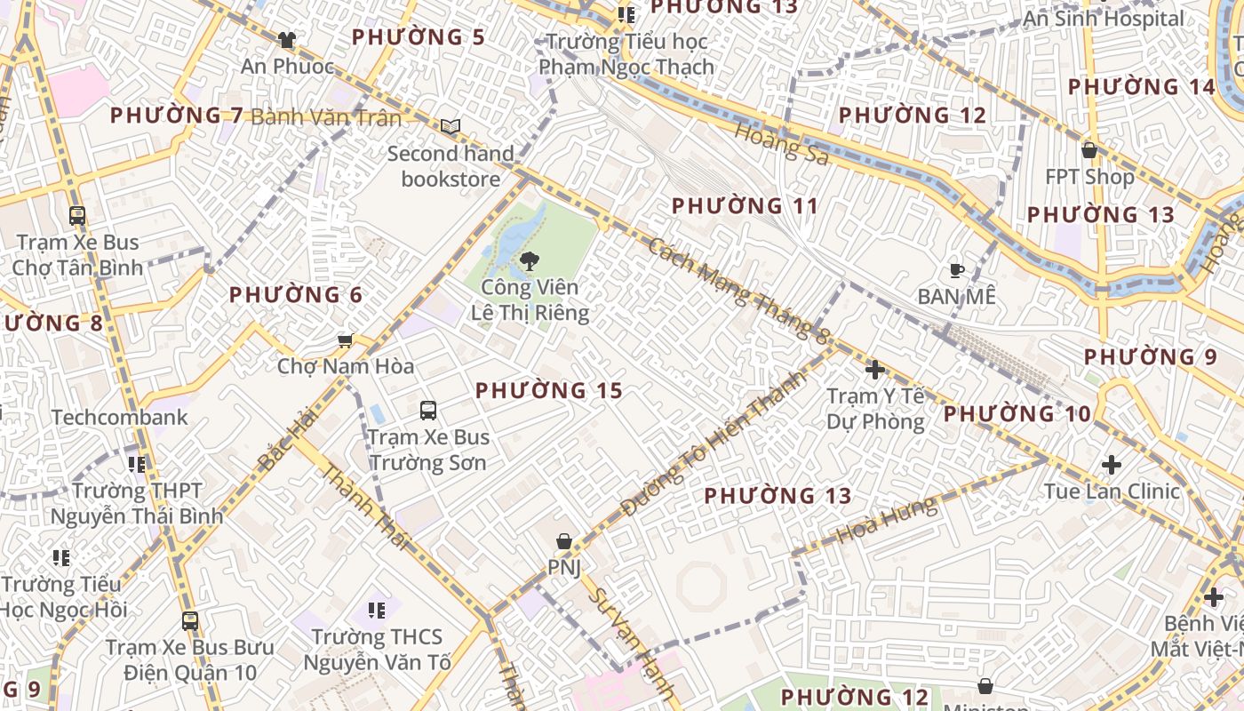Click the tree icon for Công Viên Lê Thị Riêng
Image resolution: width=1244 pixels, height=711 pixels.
tap(530, 260)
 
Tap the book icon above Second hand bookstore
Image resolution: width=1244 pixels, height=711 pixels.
tap(451, 127)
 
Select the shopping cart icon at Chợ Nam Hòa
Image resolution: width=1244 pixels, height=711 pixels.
tap(346, 340)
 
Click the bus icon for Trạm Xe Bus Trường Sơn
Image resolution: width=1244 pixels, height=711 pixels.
tap(428, 410)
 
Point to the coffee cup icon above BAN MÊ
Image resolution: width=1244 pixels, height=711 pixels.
tap(956, 270)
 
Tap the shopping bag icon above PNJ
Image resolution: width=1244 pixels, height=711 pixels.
tap(563, 540)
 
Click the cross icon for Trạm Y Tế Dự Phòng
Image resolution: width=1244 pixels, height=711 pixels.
tap(875, 369)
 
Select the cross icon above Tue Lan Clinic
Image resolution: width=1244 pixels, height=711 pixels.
tap(1111, 464)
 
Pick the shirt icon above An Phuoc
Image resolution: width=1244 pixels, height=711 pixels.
tap(286, 40)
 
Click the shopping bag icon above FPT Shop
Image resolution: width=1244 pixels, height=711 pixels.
tap(1089, 150)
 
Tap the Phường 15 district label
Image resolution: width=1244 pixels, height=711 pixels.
tap(548, 390)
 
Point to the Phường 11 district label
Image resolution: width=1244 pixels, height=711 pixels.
tap(745, 206)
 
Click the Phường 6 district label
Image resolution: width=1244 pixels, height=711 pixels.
tap(296, 295)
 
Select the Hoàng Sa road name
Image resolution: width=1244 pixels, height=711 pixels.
tap(782, 143)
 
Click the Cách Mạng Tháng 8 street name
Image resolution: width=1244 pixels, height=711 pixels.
tap(738, 290)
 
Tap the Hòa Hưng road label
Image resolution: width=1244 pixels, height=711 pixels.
tap(887, 520)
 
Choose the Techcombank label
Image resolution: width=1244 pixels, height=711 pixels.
tap(120, 418)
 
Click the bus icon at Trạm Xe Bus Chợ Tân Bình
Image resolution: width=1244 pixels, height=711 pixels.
tap(77, 215)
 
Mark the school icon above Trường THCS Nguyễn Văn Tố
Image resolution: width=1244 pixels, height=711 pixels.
tap(377, 610)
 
